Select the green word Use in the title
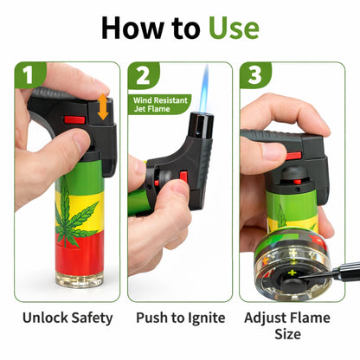pyautogui.click(x=233, y=26)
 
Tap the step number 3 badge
pyautogui.click(x=254, y=76)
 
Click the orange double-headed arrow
pyautogui.click(x=102, y=106)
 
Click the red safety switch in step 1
pyautogui.click(x=75, y=119)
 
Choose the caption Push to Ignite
pyautogui.click(x=180, y=318)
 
